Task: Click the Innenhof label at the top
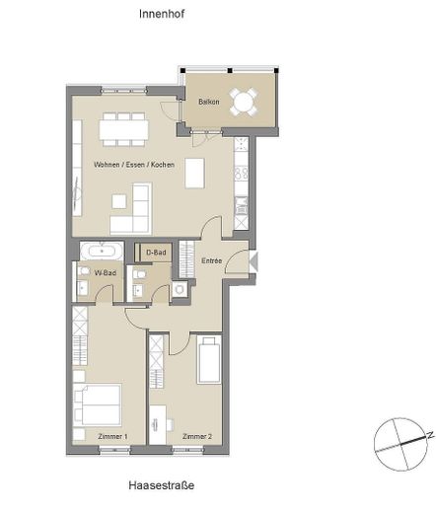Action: [162, 14]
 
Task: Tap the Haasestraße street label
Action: [161, 485]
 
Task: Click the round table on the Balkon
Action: [244, 102]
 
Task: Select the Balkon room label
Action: [209, 102]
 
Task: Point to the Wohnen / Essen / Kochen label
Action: [134, 165]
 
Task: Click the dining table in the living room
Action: [124, 129]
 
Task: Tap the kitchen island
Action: [194, 174]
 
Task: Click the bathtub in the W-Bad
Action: [102, 252]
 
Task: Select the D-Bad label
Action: [156, 253]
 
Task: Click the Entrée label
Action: [211, 260]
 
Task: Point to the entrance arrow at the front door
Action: [254, 261]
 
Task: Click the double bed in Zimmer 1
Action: [97, 404]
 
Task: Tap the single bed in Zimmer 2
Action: [209, 360]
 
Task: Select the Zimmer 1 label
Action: [112, 437]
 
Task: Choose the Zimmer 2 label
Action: [197, 437]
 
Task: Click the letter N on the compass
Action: [430, 435]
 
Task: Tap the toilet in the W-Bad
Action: [84, 271]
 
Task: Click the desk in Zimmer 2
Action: [158, 424]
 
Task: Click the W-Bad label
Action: [106, 273]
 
